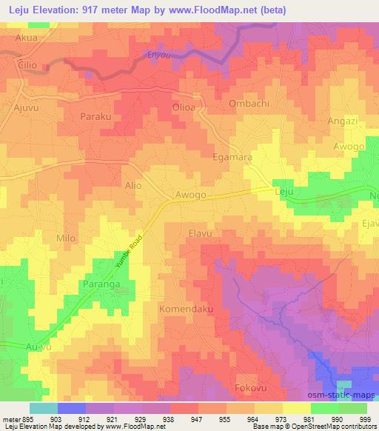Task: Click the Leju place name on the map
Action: pyautogui.click(x=284, y=192)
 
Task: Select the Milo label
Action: pyautogui.click(x=66, y=238)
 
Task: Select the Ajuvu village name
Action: pyautogui.click(x=28, y=108)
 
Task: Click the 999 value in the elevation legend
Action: pyautogui.click(x=366, y=418)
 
